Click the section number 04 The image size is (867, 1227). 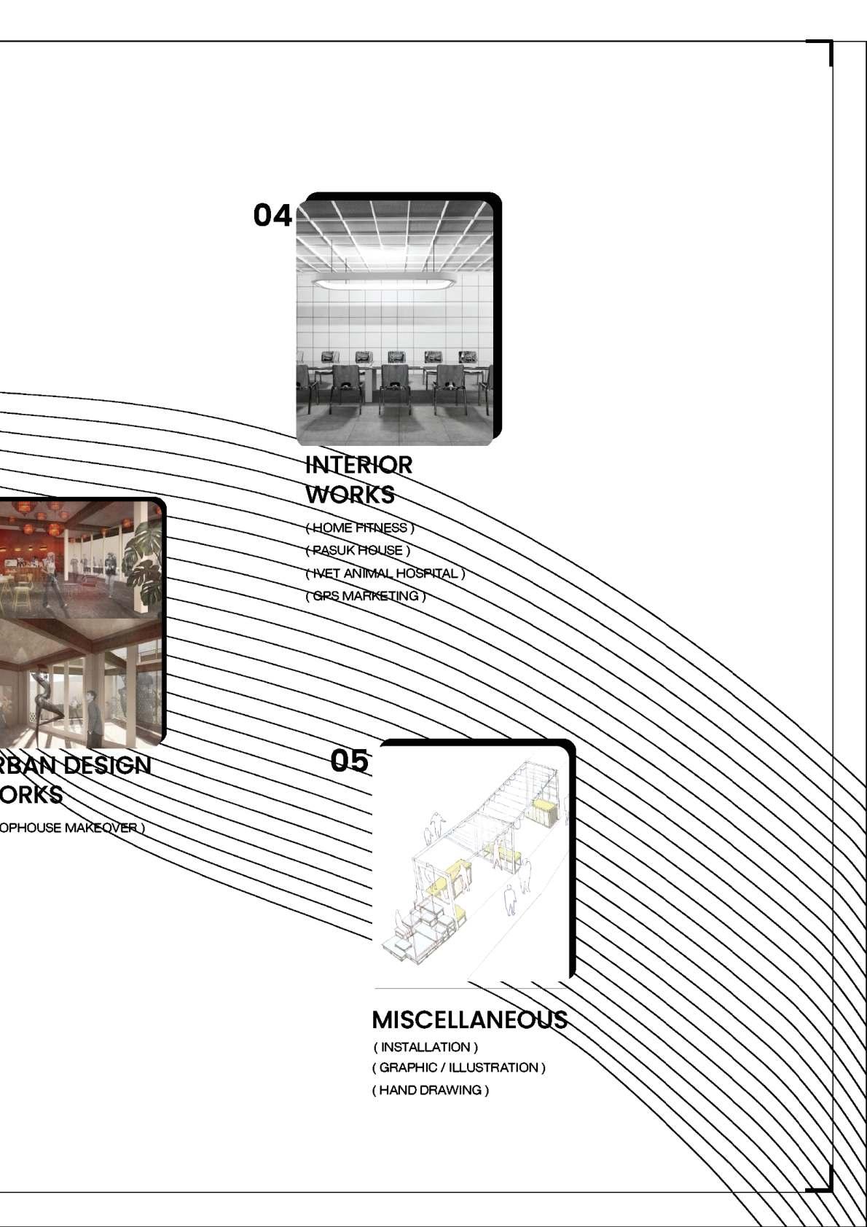pyautogui.click(x=272, y=215)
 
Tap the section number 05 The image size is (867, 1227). pyautogui.click(x=349, y=761)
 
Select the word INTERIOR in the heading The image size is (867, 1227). pyautogui.click(x=358, y=465)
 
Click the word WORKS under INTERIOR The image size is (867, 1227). pyautogui.click(x=350, y=495)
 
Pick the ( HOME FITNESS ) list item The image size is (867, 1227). pyautogui.click(x=360, y=528)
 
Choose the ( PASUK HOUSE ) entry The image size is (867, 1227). pyautogui.click(x=358, y=550)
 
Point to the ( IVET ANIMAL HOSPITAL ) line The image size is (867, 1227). pyautogui.click(x=385, y=573)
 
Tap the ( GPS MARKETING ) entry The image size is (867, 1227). pyautogui.click(x=366, y=596)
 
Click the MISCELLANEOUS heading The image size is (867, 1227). pyautogui.click(x=469, y=1019)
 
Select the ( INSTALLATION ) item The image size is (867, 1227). pyautogui.click(x=426, y=1047)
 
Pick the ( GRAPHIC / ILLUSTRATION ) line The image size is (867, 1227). pyautogui.click(x=459, y=1067)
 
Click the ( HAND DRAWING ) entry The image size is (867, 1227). pyautogui.click(x=431, y=1090)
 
